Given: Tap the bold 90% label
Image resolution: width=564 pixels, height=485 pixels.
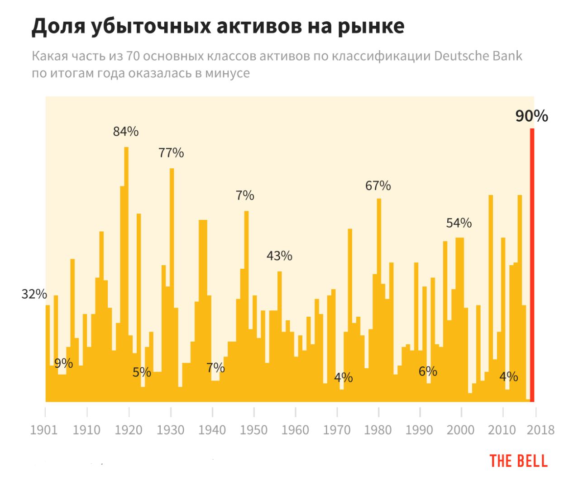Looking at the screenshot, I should [x=531, y=116].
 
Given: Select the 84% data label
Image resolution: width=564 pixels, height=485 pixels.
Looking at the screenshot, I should [x=126, y=132].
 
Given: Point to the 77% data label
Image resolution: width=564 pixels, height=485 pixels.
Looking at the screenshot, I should [x=171, y=153].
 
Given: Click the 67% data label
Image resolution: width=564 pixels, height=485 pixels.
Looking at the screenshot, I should [x=378, y=185].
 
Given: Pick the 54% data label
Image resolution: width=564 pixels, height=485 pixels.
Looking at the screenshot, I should [x=459, y=223].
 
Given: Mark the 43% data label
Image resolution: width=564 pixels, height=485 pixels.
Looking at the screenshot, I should [x=279, y=256].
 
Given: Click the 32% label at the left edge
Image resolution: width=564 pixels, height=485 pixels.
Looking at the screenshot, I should [x=34, y=294].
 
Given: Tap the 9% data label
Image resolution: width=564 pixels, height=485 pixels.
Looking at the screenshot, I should [x=63, y=363].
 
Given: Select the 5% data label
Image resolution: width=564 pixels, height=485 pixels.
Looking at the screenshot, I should [x=142, y=372].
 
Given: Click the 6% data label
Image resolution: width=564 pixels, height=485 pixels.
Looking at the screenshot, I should [x=428, y=371].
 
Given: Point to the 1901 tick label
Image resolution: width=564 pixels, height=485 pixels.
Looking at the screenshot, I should [x=44, y=430].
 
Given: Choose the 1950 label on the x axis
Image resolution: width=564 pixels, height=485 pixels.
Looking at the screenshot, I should [x=253, y=430].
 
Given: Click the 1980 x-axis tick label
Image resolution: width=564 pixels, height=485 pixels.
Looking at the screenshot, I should [x=378, y=430].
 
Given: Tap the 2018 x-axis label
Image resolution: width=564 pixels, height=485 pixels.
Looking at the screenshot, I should [x=540, y=430].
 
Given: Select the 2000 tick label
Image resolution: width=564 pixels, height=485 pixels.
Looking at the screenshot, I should [x=460, y=430].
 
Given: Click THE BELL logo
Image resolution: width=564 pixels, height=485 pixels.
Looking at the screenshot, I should [x=518, y=461].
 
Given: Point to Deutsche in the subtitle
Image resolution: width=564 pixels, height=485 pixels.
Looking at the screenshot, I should [x=462, y=56].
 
